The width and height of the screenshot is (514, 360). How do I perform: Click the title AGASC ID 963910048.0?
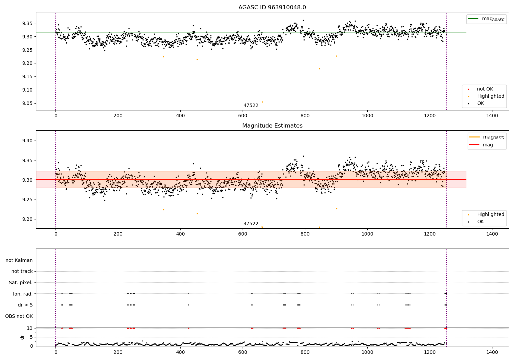coord(272,8)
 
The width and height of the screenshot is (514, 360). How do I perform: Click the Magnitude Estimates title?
coord(272,126)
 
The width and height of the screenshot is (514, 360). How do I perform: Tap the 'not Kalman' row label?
coord(19,260)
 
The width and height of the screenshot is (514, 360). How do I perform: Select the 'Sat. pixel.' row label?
coord(21,283)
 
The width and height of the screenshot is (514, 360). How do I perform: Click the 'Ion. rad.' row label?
coord(23,294)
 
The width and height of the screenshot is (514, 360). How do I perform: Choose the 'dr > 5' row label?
coord(25,305)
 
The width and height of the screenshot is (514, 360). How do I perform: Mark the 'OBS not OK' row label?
coord(19,316)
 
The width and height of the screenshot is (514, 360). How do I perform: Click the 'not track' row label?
coord(22,271)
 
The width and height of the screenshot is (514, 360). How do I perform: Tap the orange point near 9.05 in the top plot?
coord(262,102)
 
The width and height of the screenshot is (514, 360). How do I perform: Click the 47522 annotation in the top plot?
coord(251,106)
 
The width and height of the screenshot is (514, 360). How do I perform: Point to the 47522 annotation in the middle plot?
coord(251,224)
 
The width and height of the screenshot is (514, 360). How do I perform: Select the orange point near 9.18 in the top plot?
coord(319,69)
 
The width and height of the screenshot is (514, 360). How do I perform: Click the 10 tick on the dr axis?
coord(30,328)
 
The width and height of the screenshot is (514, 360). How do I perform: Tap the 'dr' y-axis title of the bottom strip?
coord(22,337)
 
